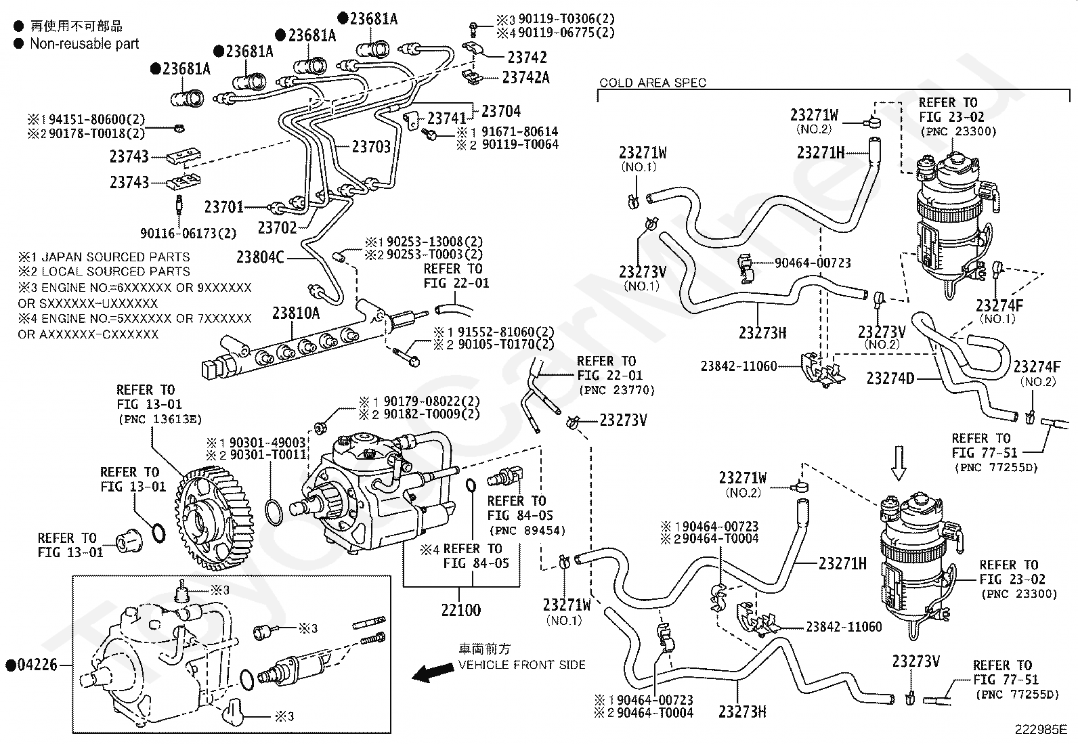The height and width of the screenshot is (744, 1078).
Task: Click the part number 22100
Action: [460, 610]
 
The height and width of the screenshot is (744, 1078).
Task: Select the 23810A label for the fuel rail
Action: [296, 313]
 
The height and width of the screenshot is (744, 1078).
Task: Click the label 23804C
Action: [260, 257]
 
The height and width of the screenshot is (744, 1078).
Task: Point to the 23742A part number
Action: [525, 78]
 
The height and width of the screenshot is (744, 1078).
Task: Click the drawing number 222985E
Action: [1040, 730]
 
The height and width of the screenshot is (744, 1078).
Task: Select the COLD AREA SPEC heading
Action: [653, 83]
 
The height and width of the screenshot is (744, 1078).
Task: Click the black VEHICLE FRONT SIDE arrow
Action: [433, 672]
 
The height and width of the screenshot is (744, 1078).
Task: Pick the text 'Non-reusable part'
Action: [84, 44]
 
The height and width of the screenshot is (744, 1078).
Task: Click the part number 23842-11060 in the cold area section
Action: [739, 366]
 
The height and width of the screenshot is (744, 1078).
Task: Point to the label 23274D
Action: [890, 378]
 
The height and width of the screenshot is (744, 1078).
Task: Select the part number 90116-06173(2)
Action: [188, 234]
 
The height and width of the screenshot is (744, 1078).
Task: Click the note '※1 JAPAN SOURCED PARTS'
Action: [104, 257]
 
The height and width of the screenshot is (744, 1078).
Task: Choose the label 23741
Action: [447, 119]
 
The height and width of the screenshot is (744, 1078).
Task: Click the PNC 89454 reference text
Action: [526, 531]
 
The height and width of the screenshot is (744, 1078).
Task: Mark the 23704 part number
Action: [501, 111]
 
